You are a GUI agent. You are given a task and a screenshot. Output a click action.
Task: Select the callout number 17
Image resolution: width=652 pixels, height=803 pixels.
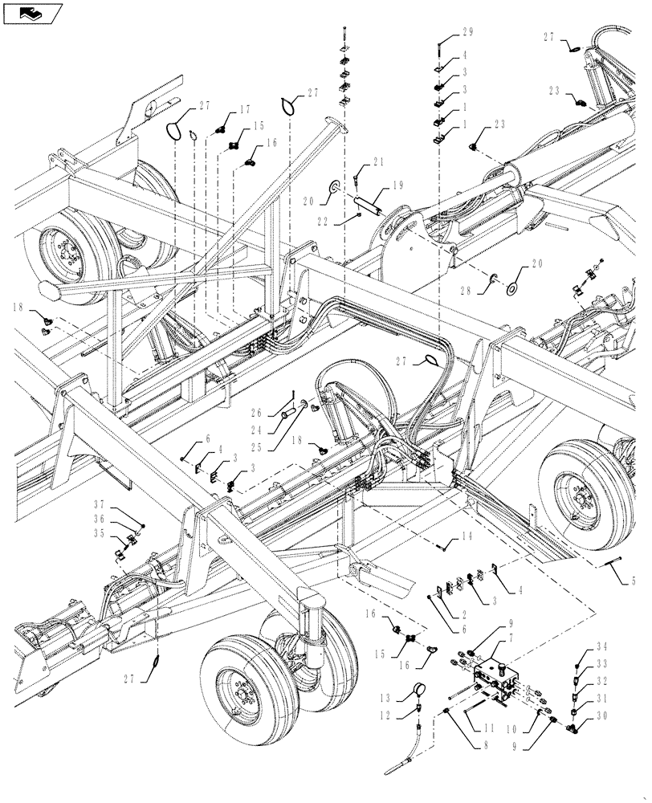coord(244,111)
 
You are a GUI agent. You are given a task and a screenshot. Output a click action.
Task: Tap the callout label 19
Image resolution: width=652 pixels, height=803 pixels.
coord(398,185)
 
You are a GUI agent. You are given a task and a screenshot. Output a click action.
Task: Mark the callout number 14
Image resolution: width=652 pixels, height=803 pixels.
coord(465,536)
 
